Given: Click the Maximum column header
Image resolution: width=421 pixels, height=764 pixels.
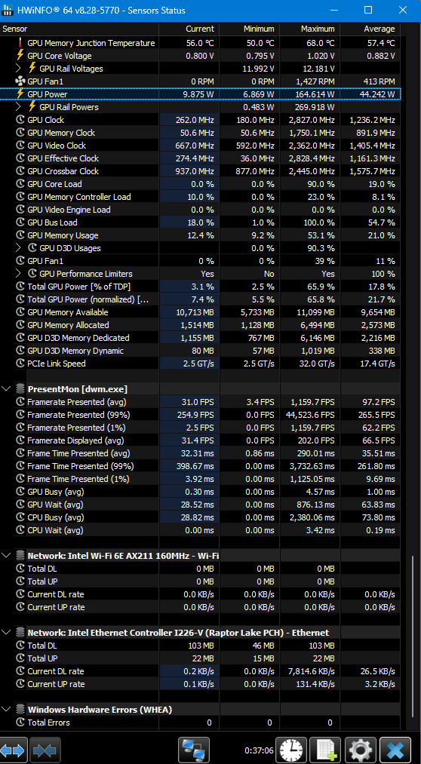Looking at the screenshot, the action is pyautogui.click(x=318, y=29).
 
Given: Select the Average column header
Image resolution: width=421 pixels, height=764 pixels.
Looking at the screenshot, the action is pyautogui.click(x=379, y=29).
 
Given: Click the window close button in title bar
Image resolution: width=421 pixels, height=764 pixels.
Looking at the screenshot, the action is pyautogui.click(x=402, y=11).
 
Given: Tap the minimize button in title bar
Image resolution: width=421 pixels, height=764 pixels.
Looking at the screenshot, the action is pyautogui.click(x=334, y=11).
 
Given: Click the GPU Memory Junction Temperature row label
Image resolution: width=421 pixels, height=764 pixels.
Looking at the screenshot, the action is pyautogui.click(x=91, y=43).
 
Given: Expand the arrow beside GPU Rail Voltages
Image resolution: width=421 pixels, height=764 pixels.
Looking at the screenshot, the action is pyautogui.click(x=19, y=69).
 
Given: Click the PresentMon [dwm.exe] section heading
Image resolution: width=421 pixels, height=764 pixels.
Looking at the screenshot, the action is pyautogui.click(x=78, y=389).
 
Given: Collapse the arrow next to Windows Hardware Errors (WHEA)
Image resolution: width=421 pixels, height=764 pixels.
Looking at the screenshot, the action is pyautogui.click(x=6, y=709).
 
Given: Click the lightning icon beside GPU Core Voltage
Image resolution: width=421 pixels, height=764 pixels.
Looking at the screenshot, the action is pyautogui.click(x=20, y=56).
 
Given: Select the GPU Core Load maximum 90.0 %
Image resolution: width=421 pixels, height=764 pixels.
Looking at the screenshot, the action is pyautogui.click(x=320, y=184).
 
